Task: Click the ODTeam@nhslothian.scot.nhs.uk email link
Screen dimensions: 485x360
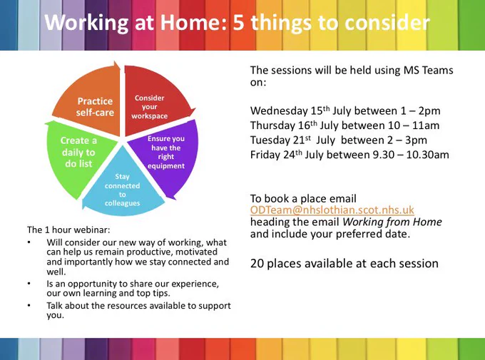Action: coord(332,210)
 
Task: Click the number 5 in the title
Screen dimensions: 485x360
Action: coord(238,23)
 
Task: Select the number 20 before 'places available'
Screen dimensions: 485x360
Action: coord(257,264)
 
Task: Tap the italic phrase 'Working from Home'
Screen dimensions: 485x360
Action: coord(392,222)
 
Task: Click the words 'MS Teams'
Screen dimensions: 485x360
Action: coord(429,70)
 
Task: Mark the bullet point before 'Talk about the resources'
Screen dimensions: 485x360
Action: coord(29,306)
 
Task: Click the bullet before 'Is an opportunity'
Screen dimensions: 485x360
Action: coord(29,284)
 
